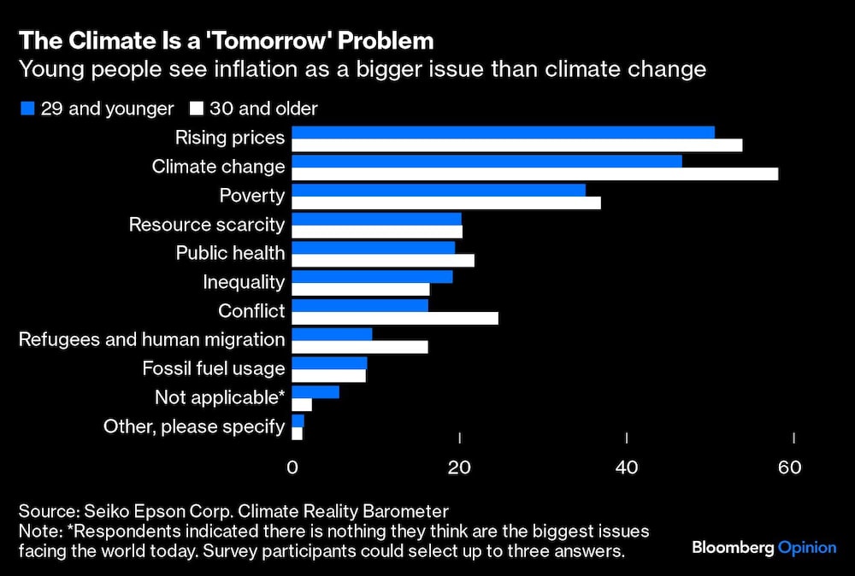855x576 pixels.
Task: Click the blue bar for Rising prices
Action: pyautogui.click(x=503, y=132)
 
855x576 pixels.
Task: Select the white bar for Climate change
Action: pyautogui.click(x=535, y=173)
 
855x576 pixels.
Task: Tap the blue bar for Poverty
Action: pyautogui.click(x=439, y=190)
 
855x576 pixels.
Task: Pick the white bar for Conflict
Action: pyautogui.click(x=395, y=318)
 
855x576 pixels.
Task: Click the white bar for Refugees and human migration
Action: pyautogui.click(x=360, y=347)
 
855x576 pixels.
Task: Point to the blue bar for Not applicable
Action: pyautogui.click(x=315, y=391)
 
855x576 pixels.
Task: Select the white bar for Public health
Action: pyautogui.click(x=383, y=260)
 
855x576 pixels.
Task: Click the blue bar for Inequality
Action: pyautogui.click(x=372, y=276)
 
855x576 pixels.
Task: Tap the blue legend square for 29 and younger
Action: pyautogui.click(x=27, y=109)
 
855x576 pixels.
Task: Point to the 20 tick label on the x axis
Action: pyautogui.click(x=460, y=467)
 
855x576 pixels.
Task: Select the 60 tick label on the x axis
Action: pyautogui.click(x=789, y=467)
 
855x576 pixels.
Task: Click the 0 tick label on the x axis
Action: pyautogui.click(x=292, y=467)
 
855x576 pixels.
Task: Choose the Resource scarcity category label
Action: pyautogui.click(x=206, y=225)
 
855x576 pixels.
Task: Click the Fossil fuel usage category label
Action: pyautogui.click(x=213, y=368)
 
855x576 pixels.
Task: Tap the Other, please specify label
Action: pyautogui.click(x=194, y=426)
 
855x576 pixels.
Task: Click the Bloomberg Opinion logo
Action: pyautogui.click(x=764, y=547)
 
